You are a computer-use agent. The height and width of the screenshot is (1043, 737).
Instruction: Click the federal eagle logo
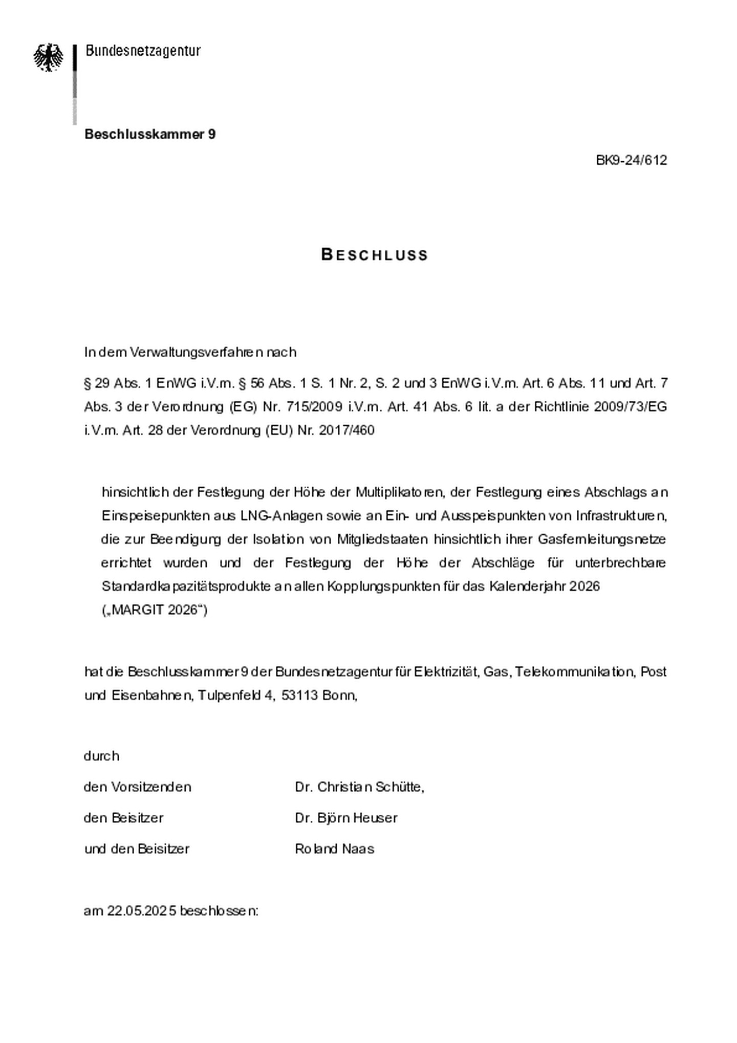49,57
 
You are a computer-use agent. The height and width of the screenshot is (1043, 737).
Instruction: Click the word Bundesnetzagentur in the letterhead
143,51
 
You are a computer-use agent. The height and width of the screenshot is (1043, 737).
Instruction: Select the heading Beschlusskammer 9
150,134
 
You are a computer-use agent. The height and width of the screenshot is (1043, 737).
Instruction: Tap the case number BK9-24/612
631,160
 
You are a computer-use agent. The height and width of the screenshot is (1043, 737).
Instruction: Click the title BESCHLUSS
374,255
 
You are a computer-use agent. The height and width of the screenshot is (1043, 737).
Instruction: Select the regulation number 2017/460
346,430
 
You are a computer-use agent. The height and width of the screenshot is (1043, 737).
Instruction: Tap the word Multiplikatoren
399,492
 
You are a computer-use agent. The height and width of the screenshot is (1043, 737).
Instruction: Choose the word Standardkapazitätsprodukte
186,586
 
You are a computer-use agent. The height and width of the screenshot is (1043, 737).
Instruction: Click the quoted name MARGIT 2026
155,610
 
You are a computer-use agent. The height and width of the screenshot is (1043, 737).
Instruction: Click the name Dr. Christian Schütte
359,787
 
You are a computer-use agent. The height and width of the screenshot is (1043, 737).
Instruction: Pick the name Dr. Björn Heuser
346,818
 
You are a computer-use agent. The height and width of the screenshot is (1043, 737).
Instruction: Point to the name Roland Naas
334,849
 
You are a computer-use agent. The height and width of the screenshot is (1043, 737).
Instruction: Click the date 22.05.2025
142,911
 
